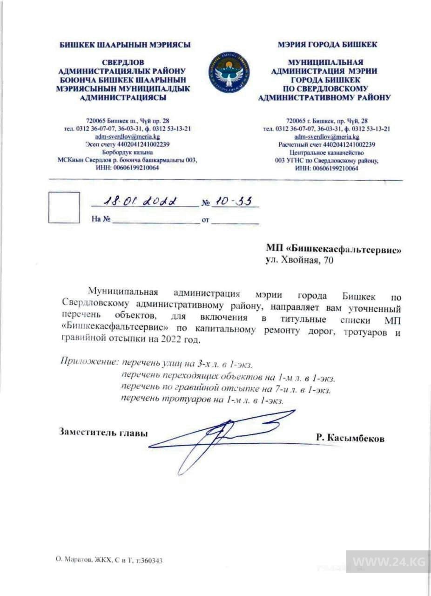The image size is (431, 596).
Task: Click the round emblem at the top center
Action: point(229,72)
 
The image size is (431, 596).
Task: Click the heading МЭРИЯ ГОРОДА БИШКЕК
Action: point(327,45)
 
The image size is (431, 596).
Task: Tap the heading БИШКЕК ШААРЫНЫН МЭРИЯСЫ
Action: point(125,45)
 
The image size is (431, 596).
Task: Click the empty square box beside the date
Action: point(64,207)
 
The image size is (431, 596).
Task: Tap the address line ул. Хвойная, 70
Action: point(299,261)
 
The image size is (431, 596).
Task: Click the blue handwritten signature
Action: point(223,433)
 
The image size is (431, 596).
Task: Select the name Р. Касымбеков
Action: point(350,438)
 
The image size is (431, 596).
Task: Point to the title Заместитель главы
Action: point(103,432)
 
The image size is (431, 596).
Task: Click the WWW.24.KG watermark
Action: point(388,562)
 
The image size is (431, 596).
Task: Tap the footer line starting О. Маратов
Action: point(109,561)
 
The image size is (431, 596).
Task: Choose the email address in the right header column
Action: point(326,137)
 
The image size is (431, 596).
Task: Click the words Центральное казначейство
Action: point(326,152)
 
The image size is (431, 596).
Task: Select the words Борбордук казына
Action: point(127,152)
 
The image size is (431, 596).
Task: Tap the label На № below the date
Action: point(101,219)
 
